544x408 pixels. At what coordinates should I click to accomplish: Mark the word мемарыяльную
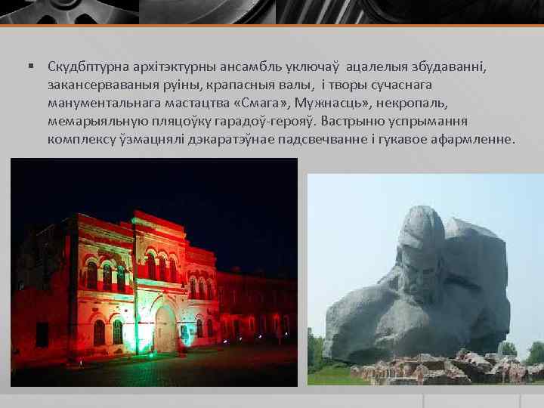pos(94,121)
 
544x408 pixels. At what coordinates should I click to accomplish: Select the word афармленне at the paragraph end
pos(477,139)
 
